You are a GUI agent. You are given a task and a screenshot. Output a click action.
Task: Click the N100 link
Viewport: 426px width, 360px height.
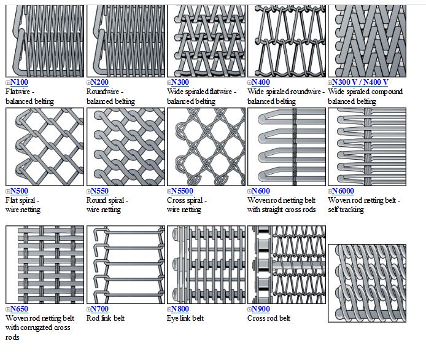20,82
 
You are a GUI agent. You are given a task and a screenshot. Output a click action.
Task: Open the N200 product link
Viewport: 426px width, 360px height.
100,82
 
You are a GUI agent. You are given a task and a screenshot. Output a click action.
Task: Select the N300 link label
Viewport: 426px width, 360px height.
180,82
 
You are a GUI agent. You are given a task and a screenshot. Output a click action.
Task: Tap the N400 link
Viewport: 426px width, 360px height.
261,82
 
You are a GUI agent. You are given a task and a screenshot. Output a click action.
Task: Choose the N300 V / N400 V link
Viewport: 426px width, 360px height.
360,82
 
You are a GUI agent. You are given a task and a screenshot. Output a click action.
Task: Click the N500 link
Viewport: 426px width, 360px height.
20,191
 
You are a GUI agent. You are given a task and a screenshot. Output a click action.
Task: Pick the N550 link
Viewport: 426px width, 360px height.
100,191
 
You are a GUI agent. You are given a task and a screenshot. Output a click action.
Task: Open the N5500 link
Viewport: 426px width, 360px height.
182,191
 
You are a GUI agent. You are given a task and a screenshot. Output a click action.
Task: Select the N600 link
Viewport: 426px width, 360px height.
261,191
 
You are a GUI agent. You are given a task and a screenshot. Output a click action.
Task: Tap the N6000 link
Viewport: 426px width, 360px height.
343,191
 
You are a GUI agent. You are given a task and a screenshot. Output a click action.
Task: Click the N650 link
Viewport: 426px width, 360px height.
20,309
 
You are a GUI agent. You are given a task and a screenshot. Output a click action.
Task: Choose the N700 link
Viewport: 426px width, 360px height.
100,309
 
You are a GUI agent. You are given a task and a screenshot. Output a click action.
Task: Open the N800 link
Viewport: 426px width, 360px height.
180,309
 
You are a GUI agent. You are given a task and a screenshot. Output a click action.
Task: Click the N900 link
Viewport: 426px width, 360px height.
261,309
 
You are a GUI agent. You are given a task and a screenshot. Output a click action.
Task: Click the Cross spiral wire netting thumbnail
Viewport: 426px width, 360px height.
206,147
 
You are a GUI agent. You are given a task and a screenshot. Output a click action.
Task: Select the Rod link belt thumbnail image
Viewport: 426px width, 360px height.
125,265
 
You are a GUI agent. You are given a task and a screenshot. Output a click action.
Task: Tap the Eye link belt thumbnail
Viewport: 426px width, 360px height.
206,265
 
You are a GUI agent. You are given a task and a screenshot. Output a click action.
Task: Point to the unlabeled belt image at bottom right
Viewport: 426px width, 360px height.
366,283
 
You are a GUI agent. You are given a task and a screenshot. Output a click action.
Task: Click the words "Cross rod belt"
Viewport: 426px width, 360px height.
268,318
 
